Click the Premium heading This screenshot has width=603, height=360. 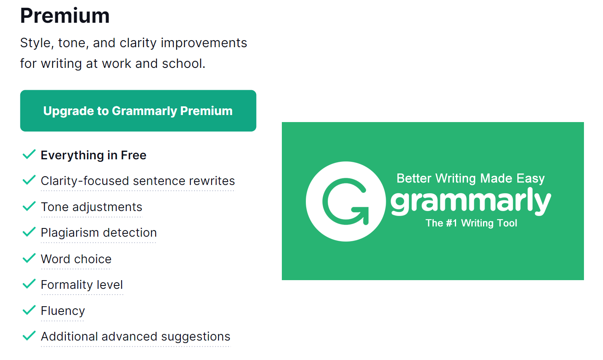(x=65, y=16)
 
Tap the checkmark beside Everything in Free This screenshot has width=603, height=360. (x=29, y=154)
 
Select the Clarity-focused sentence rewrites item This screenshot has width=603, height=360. (x=138, y=181)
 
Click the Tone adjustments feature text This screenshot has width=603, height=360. (x=91, y=207)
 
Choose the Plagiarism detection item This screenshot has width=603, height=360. (x=99, y=233)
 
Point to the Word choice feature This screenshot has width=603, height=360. (x=76, y=259)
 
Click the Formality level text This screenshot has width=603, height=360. (x=82, y=285)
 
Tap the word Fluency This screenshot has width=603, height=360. (x=63, y=311)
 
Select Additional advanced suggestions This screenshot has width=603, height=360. (x=136, y=336)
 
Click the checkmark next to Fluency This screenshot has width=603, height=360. (x=29, y=310)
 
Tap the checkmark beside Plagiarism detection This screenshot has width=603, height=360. (x=29, y=232)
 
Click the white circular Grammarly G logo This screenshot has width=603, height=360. (x=346, y=201)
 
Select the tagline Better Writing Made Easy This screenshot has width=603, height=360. (x=471, y=178)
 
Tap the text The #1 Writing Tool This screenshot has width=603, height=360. (x=471, y=223)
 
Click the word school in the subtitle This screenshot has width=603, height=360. (x=184, y=63)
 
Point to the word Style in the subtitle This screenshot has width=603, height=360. (x=36, y=43)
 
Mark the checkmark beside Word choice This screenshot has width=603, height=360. (x=29, y=258)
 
